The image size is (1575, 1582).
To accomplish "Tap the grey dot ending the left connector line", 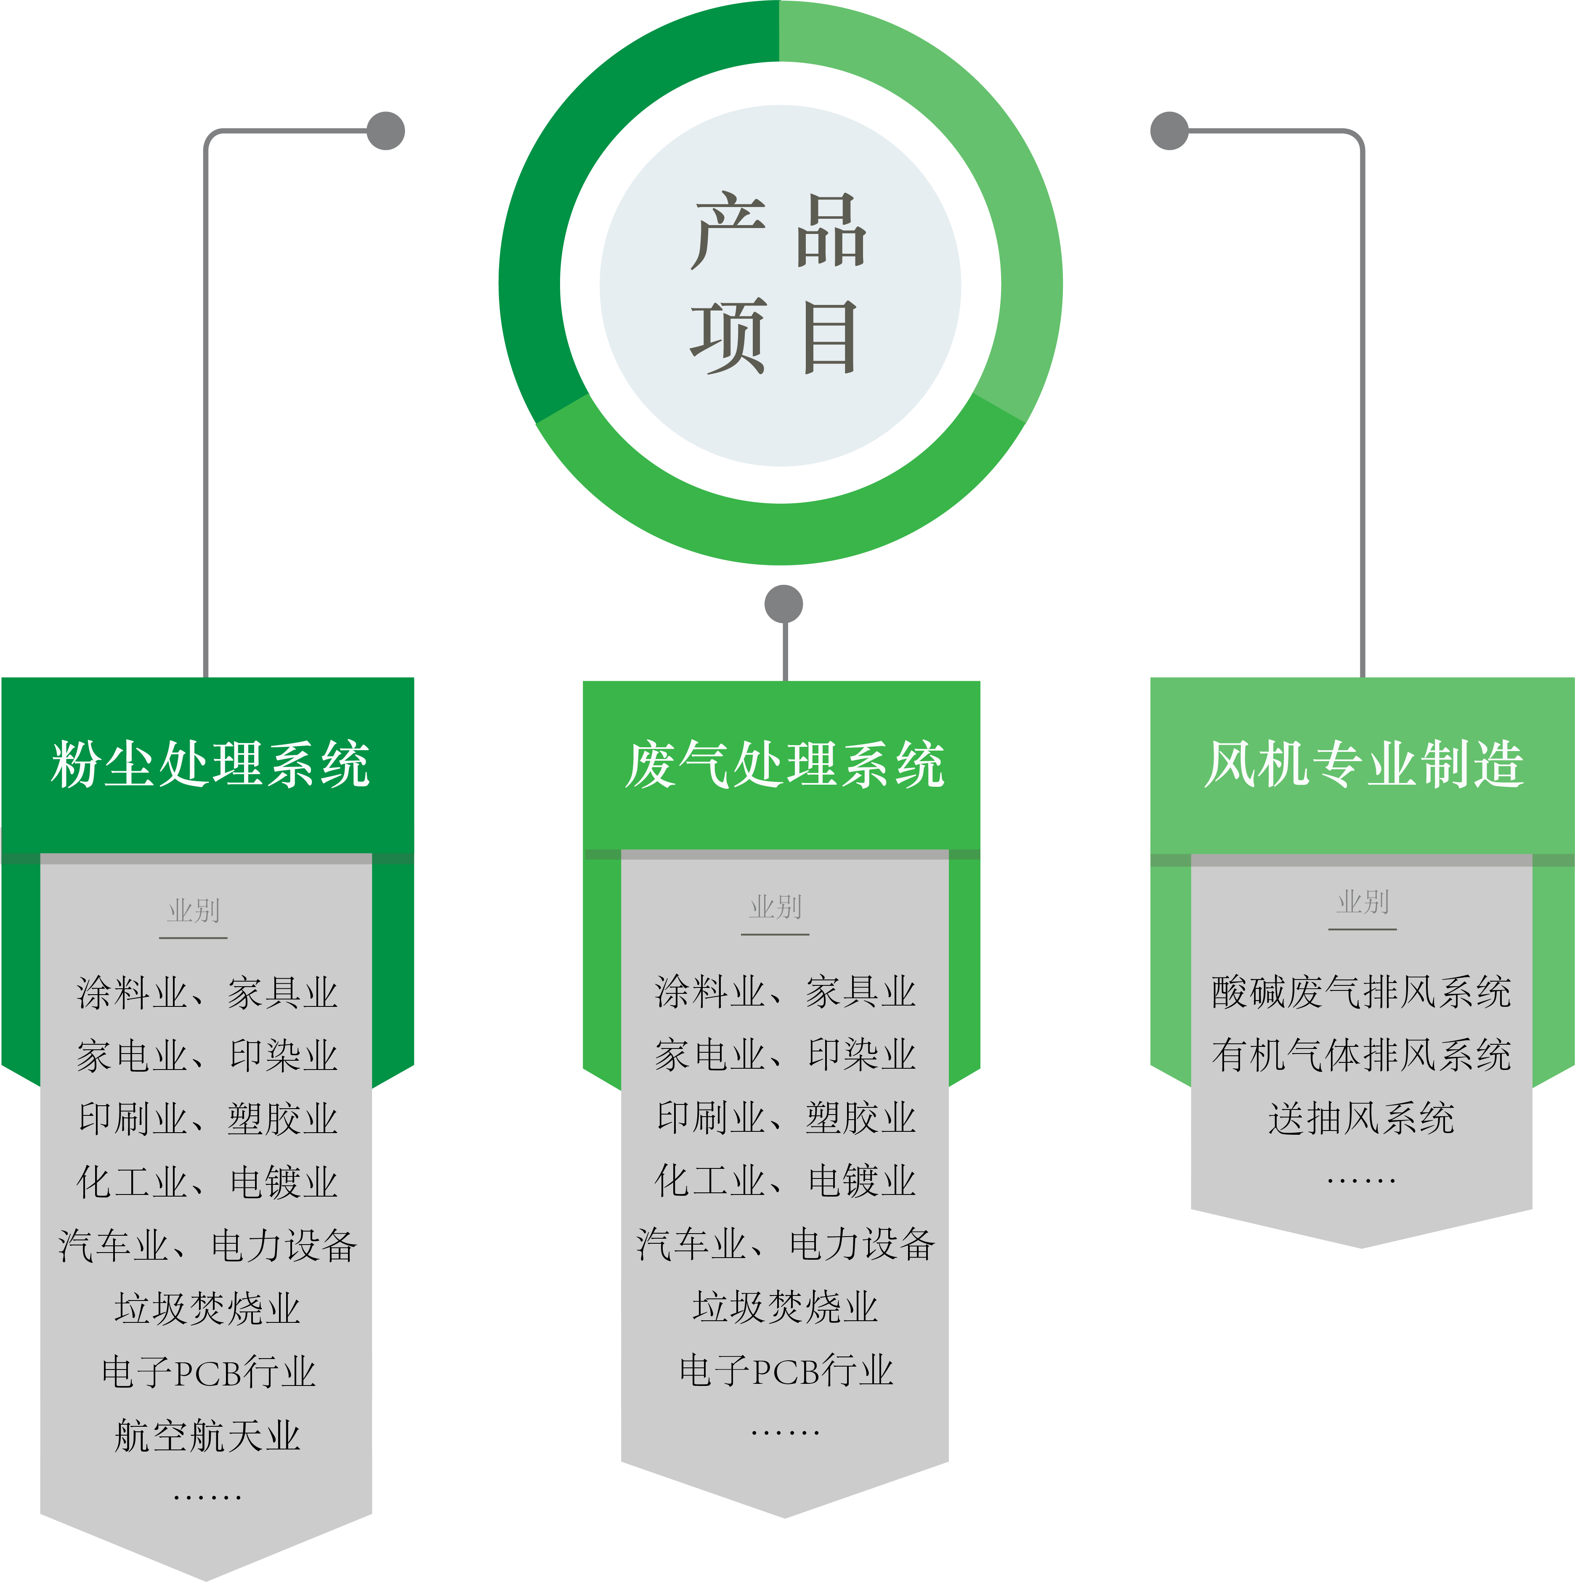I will pos(386,131).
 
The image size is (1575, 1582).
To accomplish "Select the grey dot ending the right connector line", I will pos(1170,131).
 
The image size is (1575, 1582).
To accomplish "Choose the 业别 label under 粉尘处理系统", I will pos(193,910).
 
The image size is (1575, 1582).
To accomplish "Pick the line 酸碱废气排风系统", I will pos(1361,993).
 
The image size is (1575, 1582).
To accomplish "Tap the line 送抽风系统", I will pos(1361,1118).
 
